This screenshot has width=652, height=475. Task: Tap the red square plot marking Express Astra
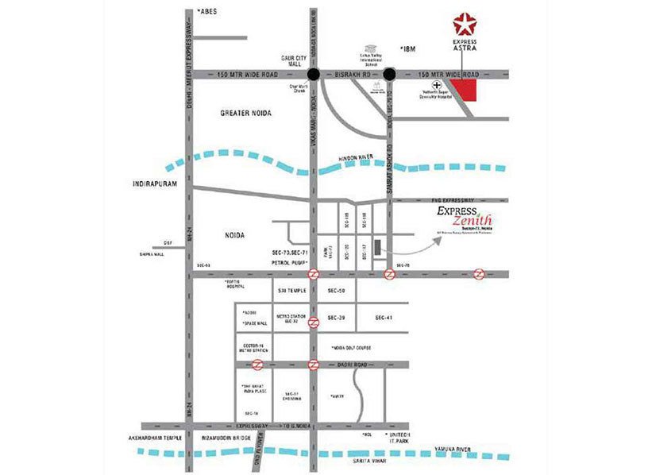click(468, 91)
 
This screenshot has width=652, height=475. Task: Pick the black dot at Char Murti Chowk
click(314, 75)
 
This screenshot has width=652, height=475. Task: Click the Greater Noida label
click(245, 114)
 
